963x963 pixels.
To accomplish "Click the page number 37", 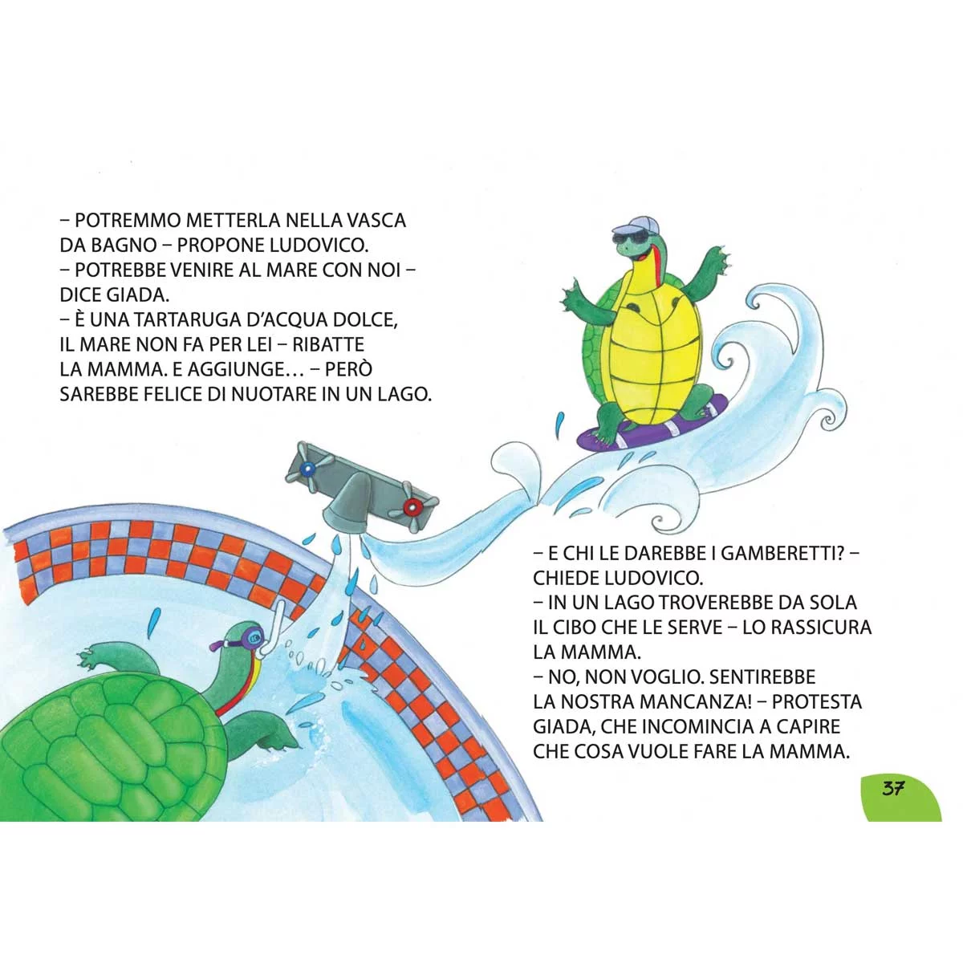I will point(893,788).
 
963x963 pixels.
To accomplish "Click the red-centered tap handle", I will point(414,506).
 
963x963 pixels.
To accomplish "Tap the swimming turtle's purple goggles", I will point(249,638).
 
